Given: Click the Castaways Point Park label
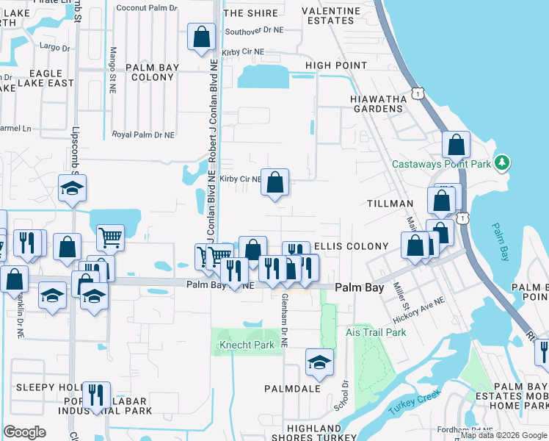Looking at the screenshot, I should pos(441,164).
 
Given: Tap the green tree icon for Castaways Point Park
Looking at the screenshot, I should pos(502,162).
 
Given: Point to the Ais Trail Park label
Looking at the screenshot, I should pos(376,332).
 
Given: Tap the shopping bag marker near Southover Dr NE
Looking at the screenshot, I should pos(201,36).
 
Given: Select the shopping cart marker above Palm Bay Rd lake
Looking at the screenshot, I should pos(110,237).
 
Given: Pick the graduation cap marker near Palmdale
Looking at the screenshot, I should pos(319,361).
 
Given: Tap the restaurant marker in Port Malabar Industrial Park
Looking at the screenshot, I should pos(96,395).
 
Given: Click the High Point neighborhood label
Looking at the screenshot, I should pos(336,65).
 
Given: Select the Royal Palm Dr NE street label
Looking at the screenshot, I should pos(143,135).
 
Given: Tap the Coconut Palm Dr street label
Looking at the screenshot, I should pos(146,8).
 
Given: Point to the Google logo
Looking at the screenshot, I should pos(24,432).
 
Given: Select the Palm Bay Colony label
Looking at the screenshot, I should pos(152,72).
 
